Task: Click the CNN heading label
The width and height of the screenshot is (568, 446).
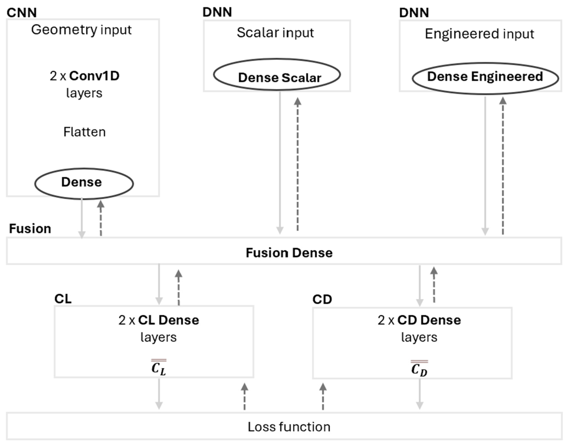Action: [x=22, y=12]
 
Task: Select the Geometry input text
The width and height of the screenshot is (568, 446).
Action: [x=81, y=30]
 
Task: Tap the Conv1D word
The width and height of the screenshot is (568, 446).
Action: [x=94, y=76]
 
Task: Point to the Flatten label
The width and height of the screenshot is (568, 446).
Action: [x=85, y=132]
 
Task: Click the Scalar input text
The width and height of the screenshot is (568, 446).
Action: [x=275, y=33]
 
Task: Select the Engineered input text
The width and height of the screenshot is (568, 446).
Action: [x=479, y=34]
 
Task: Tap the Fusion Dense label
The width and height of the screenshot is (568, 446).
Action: [x=289, y=253]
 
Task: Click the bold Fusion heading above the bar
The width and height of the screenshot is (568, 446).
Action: [x=30, y=229]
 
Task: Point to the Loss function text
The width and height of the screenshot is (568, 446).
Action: [x=289, y=427]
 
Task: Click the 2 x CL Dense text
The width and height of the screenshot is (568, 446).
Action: [x=159, y=320]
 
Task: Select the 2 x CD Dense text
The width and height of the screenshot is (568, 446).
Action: [x=419, y=320]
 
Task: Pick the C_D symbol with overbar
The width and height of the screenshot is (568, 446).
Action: [x=419, y=369]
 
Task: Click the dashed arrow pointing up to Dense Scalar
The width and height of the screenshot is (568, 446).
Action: [x=298, y=164]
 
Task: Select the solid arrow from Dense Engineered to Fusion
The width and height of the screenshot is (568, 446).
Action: [x=485, y=164]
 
